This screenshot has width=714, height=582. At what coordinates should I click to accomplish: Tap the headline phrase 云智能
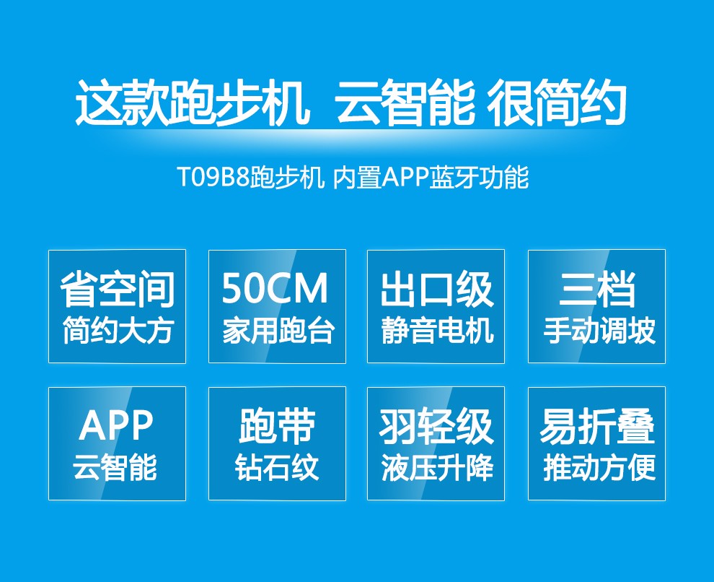(x=405, y=102)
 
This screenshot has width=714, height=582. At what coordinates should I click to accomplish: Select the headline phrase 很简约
(x=557, y=102)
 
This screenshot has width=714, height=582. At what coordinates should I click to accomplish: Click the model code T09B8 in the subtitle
(x=213, y=178)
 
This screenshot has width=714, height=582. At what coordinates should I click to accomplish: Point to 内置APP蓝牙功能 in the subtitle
(x=431, y=178)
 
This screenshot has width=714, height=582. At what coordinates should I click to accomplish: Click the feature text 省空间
(x=118, y=289)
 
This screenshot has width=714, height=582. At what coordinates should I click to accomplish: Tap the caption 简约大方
(x=118, y=331)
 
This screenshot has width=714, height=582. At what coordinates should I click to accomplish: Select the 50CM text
(x=275, y=288)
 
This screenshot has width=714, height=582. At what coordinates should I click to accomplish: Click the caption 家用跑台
(x=278, y=331)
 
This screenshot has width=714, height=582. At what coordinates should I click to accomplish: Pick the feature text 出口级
(x=436, y=289)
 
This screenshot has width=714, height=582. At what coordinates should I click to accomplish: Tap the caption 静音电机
(x=437, y=331)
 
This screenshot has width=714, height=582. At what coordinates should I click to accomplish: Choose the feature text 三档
(x=597, y=289)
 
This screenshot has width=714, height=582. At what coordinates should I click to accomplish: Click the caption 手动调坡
(x=599, y=331)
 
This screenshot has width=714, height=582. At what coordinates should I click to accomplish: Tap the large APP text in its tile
(x=116, y=425)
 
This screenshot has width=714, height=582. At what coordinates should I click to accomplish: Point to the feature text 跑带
(x=277, y=426)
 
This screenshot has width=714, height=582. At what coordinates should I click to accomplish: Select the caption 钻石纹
(x=276, y=468)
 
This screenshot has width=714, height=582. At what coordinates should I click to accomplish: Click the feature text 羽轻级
(x=436, y=426)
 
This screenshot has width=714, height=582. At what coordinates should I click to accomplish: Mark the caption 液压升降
(x=437, y=468)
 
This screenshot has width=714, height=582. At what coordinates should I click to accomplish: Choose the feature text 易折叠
(x=597, y=426)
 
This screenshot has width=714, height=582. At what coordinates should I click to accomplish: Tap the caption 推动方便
(x=599, y=468)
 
